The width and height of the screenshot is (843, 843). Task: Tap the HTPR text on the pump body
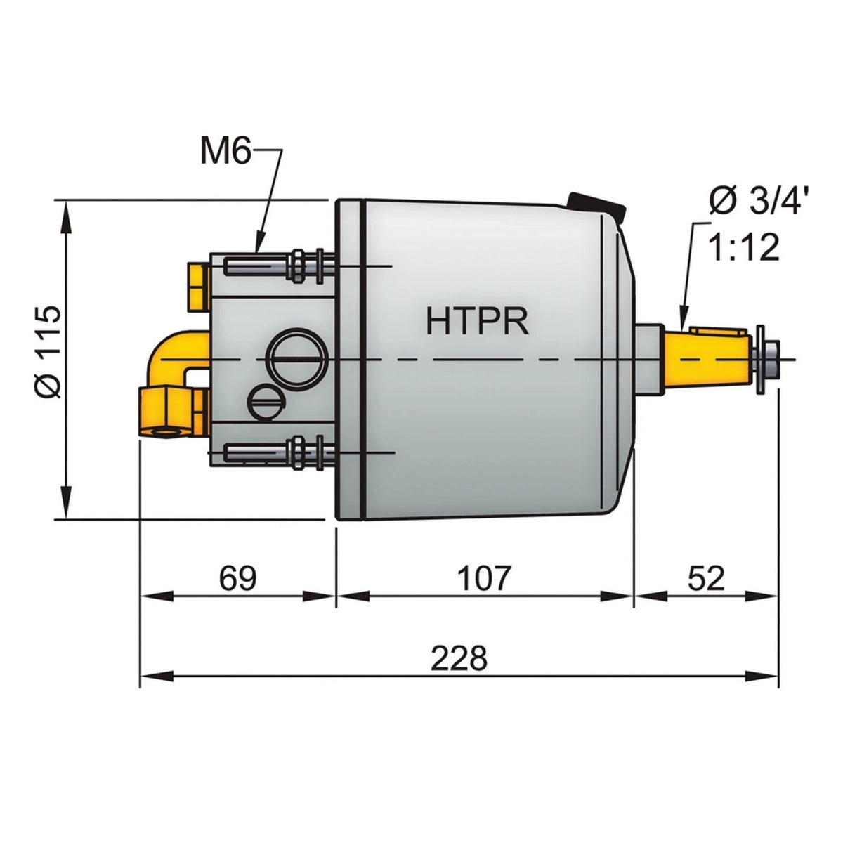click(x=477, y=320)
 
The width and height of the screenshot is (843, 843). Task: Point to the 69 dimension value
click(x=237, y=577)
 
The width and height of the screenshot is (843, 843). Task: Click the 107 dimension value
click(x=484, y=577)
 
